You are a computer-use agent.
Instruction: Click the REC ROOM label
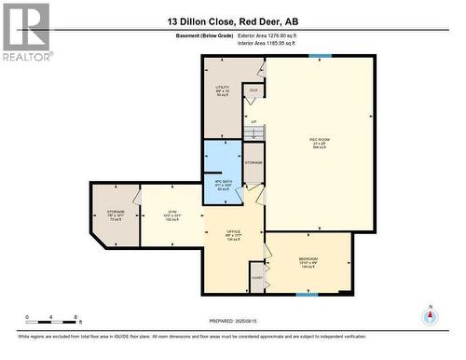point(320,140)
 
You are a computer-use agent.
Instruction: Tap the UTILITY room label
point(223,87)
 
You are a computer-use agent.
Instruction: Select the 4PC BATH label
point(223,181)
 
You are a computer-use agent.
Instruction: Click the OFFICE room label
point(234,231)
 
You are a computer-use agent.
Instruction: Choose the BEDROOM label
point(308,258)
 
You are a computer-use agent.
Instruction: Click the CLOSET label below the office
point(257,277)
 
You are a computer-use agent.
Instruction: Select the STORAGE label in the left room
point(116,212)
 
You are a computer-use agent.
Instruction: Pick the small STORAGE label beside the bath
point(254,162)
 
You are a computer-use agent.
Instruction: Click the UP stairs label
point(253,121)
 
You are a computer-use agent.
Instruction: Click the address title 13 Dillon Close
point(233,21)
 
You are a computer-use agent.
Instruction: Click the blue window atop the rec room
point(320,56)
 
